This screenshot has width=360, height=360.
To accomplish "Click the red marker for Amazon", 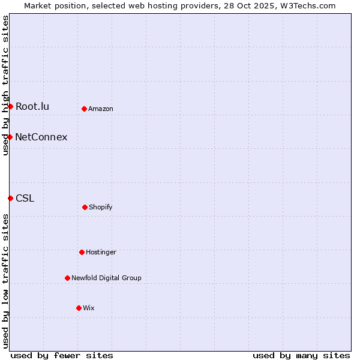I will coord(84,109).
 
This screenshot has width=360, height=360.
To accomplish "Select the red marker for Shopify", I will coord(85,207).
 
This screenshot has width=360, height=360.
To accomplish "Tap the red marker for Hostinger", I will coord(82,252).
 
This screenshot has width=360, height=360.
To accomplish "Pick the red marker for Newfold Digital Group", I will coord(67,278).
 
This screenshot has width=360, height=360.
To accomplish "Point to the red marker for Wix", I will coord(79,308).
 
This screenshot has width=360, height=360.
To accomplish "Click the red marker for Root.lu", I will coord(10,106).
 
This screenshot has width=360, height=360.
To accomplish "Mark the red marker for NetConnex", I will coord(10,137).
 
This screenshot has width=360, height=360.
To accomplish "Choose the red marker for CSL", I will coord(10,198).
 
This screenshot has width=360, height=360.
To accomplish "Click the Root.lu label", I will coord(32,107).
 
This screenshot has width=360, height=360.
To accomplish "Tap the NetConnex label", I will coord(41,137).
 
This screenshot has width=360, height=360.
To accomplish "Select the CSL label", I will coord(25,199).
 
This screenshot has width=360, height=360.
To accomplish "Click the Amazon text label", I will coord(101,109).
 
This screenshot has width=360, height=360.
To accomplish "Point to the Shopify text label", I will coord(101,208).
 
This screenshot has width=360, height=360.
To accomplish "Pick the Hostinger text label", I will coord(101,253).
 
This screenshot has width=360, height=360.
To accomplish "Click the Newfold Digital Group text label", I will coord(106,278).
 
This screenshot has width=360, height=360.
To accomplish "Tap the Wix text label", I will coord(89,308).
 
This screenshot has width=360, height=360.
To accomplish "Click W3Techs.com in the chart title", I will coord(307,5).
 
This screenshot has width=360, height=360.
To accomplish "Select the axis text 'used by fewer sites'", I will coord(62,355).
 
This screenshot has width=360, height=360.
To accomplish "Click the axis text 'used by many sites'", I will coord(301,355).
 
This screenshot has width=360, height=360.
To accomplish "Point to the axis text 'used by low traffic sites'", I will coord(5,281).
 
